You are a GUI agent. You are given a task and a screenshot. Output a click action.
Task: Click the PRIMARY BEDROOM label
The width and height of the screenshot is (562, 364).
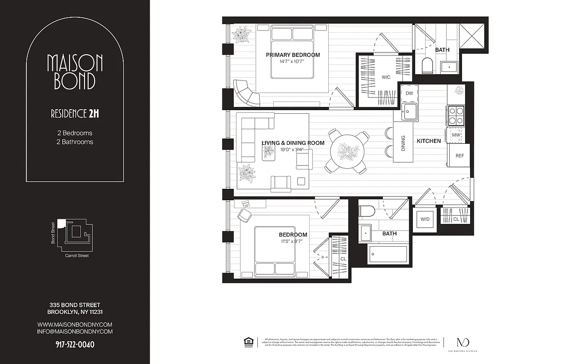coord(293,55)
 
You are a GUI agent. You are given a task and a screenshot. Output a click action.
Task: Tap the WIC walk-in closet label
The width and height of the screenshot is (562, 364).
coord(386,77)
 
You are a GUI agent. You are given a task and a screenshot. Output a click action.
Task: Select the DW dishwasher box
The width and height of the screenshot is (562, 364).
coord(409,93)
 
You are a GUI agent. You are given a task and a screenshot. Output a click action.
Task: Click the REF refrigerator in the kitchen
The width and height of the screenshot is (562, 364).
coord(460,156)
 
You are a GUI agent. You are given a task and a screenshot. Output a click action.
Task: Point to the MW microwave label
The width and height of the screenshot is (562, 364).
coord(456,135)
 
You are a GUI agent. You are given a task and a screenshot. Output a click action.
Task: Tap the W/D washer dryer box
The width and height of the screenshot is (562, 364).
coord(425,219)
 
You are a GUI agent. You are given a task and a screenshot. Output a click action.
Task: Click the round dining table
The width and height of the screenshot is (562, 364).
coord(348,151)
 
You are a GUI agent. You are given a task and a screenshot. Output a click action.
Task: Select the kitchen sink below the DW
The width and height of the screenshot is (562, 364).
coord(409,112)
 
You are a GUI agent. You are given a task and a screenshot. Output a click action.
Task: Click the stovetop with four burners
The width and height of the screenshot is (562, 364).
coord(456,116)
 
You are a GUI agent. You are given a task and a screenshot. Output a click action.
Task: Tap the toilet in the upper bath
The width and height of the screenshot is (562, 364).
coord(428,66)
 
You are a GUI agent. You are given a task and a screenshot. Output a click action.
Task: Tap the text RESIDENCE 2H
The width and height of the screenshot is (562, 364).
coord(75,114)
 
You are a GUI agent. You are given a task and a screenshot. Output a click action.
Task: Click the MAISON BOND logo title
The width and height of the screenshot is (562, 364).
coord(75,72)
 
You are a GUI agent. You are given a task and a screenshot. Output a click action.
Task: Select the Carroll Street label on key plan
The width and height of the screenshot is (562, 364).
coord(77,256)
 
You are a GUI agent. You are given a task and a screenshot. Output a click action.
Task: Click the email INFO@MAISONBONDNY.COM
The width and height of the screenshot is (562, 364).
coord(75,332)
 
